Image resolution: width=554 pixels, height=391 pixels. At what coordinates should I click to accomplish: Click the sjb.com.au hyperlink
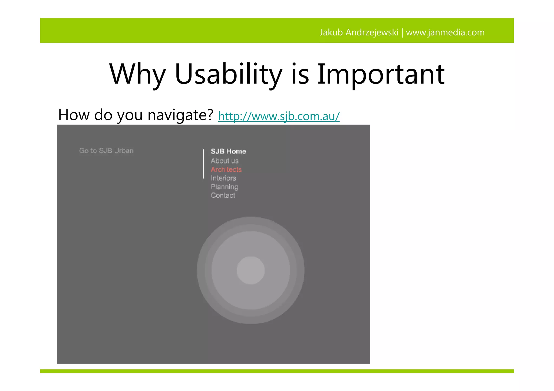point(279,116)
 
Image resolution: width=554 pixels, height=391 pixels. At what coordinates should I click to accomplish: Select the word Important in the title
point(381,74)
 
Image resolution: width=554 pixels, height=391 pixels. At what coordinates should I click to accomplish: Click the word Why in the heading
point(137,74)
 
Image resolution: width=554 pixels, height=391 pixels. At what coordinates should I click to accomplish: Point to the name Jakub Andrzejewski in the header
point(359,32)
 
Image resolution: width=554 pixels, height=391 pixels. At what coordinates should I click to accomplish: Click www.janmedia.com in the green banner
point(445,32)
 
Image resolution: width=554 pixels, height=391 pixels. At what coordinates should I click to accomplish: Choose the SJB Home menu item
point(228,151)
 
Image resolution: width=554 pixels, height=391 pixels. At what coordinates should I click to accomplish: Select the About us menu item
point(225,161)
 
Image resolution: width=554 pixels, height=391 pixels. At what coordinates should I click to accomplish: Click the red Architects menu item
point(226,169)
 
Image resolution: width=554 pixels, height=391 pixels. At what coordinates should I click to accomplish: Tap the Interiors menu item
point(223,178)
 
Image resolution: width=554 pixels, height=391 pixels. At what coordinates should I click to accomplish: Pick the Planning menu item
point(224,187)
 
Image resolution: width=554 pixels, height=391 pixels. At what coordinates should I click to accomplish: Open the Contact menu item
point(223,195)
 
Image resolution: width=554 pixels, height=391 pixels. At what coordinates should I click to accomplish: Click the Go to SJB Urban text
point(106,151)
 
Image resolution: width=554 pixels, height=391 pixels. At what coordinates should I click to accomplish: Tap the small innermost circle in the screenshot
point(250,270)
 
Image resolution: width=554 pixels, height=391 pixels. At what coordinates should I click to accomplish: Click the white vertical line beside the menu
point(203,163)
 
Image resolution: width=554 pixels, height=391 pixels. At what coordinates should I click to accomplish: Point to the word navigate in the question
point(181,115)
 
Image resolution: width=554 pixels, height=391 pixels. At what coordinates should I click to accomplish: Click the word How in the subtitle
point(74,115)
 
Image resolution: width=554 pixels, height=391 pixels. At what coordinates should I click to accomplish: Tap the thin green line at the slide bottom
point(277,371)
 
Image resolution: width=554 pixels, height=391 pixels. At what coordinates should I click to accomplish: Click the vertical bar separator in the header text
point(402,33)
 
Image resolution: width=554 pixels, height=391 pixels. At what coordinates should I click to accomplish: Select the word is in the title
point(300,74)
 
